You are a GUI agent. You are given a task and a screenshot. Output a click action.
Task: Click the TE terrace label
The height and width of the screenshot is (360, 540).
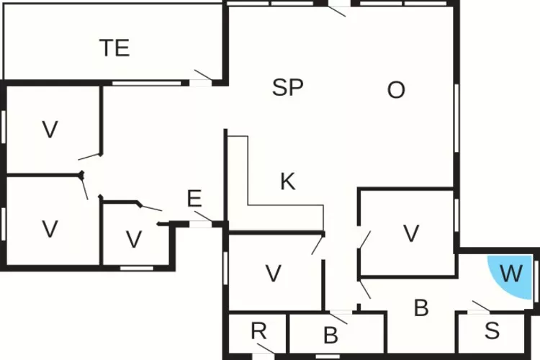(x=114, y=48)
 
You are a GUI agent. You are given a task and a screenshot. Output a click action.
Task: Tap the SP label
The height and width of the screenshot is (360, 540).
(x=287, y=87)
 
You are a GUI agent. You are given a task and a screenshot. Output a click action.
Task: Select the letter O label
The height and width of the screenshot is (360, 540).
(x=396, y=90)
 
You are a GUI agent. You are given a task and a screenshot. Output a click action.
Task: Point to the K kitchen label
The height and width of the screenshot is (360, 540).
(x=287, y=181)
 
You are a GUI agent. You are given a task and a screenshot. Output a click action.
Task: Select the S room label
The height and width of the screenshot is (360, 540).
(x=492, y=330)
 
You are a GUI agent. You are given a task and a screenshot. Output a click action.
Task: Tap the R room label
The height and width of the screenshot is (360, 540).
(x=258, y=330)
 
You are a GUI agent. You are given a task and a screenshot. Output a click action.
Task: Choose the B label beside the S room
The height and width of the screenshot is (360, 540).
(x=421, y=307)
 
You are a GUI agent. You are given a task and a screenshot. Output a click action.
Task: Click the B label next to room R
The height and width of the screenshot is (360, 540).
(x=330, y=335)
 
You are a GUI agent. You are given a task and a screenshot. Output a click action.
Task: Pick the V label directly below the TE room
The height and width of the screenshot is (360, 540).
(x=50, y=130)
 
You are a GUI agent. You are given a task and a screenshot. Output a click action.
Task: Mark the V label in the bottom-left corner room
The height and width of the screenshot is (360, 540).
(x=50, y=229)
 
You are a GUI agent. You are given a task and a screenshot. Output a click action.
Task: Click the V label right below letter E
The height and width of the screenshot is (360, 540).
(x=134, y=239)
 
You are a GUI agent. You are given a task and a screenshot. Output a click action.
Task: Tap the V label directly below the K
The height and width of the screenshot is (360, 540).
(x=274, y=274)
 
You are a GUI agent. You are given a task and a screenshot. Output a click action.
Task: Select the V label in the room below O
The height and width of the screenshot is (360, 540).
(x=411, y=233)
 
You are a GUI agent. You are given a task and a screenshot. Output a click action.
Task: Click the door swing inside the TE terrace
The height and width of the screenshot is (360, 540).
(x=203, y=75)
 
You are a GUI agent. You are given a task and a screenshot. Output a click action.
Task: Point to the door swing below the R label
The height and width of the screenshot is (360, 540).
(x=266, y=348)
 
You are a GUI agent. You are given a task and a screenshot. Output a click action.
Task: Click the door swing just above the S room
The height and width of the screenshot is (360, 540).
(x=481, y=306)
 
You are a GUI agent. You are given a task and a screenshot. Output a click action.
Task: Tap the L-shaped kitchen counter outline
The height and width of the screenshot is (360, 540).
(x=276, y=183)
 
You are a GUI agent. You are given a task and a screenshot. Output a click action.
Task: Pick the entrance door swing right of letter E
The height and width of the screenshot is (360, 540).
(x=203, y=216)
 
